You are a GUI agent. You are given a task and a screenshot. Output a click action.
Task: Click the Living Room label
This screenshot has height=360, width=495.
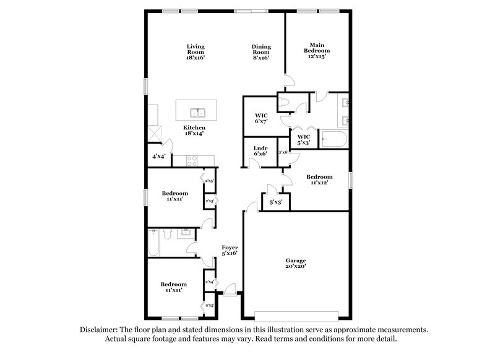[x=196, y=52]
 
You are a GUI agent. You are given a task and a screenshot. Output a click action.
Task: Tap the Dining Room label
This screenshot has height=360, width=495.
[x=260, y=52]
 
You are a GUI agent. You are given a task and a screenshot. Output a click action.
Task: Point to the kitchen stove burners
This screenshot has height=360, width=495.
[x=192, y=161]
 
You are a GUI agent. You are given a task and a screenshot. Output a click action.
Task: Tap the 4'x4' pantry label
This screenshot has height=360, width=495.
[x=158, y=157]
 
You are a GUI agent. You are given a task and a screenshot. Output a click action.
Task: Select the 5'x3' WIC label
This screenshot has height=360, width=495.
[x=304, y=140]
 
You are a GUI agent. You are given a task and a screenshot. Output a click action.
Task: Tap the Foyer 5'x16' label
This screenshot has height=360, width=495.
[x=230, y=250]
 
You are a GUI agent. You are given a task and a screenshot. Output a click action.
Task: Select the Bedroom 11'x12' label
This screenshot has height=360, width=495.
[x=319, y=179]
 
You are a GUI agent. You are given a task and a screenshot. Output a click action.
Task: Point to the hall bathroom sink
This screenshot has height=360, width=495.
[x=184, y=233]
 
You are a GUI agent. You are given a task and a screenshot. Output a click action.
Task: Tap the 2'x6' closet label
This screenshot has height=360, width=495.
[x=283, y=152]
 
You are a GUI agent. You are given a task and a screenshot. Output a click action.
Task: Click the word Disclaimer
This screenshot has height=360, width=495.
[x=99, y=330]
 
